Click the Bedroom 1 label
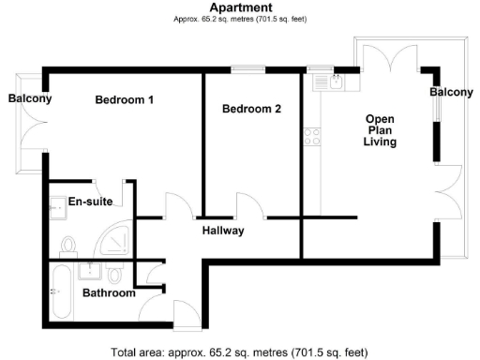(124, 99)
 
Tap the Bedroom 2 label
(251, 109)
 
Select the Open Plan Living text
(381, 131)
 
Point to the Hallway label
(223, 231)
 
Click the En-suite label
(90, 201)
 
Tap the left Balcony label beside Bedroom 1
(30, 99)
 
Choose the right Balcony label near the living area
(451, 93)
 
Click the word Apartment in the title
(239, 7)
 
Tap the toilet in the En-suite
(67, 246)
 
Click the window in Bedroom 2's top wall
(247, 67)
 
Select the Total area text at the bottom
(240, 352)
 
